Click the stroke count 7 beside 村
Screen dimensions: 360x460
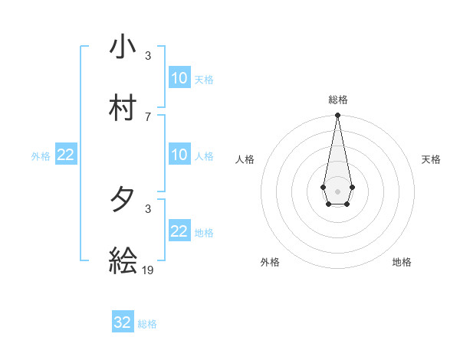point(148,116)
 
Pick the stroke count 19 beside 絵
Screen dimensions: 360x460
point(149,270)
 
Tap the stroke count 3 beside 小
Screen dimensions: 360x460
point(148,56)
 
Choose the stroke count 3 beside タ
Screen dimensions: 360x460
point(148,208)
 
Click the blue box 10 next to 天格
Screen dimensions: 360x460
point(179,78)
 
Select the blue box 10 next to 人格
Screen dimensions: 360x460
point(179,155)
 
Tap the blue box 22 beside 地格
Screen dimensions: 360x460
point(179,231)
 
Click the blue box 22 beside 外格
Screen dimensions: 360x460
point(66,155)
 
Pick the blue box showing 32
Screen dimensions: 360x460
point(123,322)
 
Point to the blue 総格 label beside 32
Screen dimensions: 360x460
point(147,324)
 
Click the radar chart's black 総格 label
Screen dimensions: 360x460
point(338,100)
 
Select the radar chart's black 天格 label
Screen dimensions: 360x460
point(431,159)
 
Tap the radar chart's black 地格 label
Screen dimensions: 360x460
point(402,262)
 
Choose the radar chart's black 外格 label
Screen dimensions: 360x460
point(270,262)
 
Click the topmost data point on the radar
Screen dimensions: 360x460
point(337,116)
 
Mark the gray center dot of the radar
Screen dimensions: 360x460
point(337,190)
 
